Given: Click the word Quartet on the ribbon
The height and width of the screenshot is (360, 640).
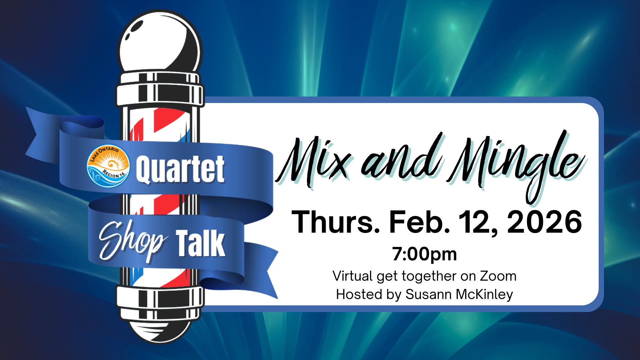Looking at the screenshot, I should click(x=180, y=169).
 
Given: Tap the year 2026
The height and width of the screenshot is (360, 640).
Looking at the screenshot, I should click(x=544, y=222).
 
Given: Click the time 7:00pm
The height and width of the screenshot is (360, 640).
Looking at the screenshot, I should click(x=424, y=254).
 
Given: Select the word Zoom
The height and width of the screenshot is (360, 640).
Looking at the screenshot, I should click(x=498, y=276).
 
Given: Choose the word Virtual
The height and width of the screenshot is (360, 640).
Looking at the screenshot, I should click(x=353, y=276).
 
